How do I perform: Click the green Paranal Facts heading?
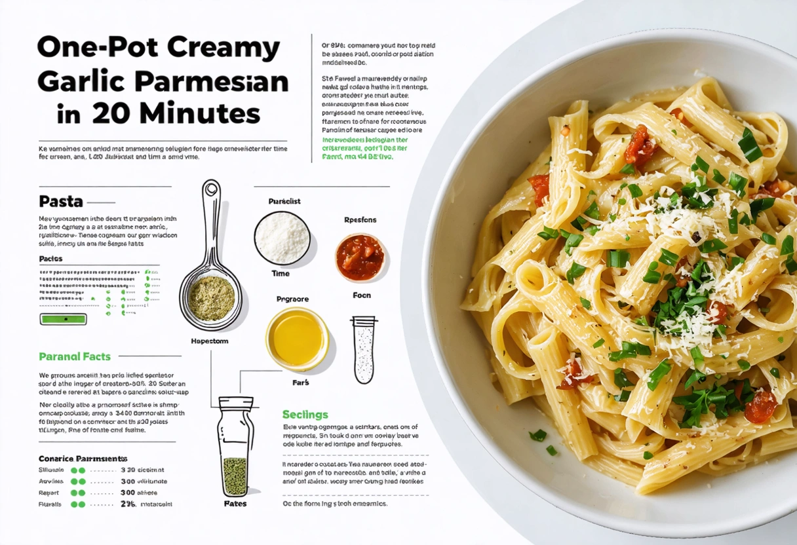pos(75,357)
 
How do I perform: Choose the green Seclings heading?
pos(305,415)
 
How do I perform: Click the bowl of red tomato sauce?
pos(360,257)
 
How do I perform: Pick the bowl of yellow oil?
pos(297,339)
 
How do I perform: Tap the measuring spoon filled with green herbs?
pos(212,299)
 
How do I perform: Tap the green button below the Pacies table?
pos(64,319)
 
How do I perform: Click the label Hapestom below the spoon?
pos(209,341)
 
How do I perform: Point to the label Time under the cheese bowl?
pos(281,273)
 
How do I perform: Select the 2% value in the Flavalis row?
pos(128,504)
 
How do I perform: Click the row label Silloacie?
pos(52,470)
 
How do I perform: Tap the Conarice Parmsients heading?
pos(83,459)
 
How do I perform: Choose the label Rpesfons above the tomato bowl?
pos(360,220)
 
